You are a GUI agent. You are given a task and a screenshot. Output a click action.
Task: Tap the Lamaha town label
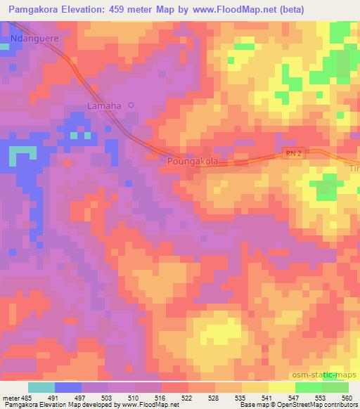pyautogui.click(x=104, y=106)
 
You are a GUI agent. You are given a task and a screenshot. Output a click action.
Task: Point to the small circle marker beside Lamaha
pyautogui.click(x=130, y=105)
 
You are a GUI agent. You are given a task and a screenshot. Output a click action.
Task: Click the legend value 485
pyautogui.click(x=26, y=398)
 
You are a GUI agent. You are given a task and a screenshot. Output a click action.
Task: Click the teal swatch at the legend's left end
pyautogui.click(x=41, y=388)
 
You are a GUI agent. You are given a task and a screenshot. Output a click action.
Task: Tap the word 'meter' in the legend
pyautogui.click(x=10, y=398)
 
